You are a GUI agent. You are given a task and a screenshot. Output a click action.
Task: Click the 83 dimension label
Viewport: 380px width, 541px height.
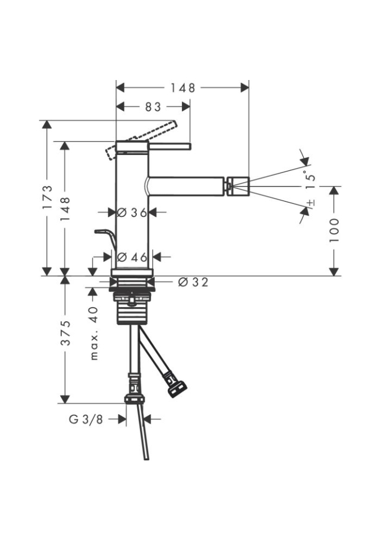(153, 107)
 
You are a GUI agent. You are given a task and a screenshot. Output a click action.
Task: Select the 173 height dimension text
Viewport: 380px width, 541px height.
(48, 197)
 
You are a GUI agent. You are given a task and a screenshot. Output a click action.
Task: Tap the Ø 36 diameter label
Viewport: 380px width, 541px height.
(132, 212)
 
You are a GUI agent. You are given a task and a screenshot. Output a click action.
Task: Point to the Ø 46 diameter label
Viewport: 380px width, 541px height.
(132, 257)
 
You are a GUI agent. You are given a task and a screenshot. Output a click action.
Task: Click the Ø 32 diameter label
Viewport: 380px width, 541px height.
(194, 282)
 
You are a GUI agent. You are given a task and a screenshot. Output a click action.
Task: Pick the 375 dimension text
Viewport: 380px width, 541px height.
(65, 333)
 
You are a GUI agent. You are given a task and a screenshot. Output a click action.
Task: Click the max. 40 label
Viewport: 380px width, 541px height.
(94, 333)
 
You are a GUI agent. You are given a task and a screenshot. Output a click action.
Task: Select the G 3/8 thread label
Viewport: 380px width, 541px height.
(86, 419)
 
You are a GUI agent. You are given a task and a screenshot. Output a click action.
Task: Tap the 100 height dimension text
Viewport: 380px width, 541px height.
(334, 230)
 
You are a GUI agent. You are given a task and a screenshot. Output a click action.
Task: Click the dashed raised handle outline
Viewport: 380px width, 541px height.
(141, 140)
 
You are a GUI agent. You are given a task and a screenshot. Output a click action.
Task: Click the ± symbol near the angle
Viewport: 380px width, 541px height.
(311, 202)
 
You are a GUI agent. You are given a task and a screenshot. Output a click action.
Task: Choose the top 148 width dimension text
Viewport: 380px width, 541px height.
(182, 88)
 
